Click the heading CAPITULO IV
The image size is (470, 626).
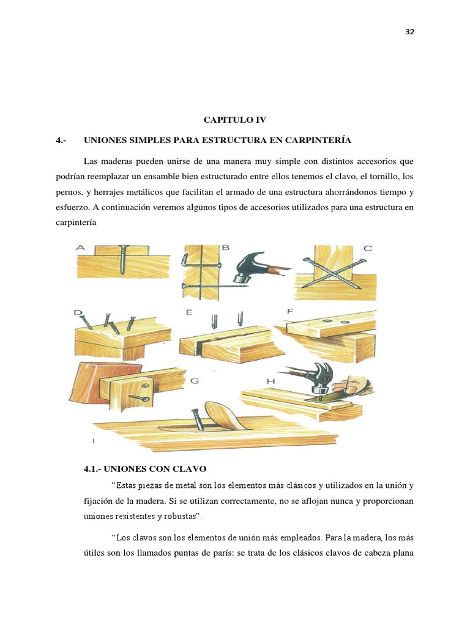235,120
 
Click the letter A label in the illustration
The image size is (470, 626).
80,248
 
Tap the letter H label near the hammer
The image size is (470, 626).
271,381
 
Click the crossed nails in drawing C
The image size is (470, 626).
330,268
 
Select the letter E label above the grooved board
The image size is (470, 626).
190,312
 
